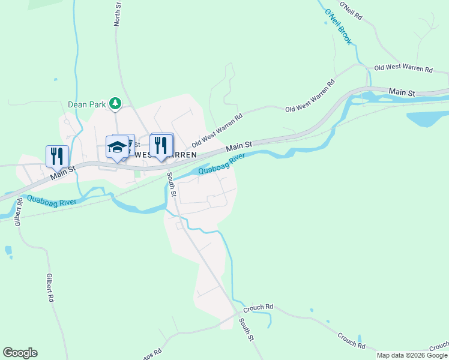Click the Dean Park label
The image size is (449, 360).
(86, 104)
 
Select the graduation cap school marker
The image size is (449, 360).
(117, 147)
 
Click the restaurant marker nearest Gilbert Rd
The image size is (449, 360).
(57, 155)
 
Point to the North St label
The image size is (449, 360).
(118, 14)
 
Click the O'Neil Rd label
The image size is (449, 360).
(351, 12)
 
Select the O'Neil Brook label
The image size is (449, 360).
(338, 27)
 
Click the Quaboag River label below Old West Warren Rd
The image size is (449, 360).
(222, 164)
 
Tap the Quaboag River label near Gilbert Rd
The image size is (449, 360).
(52, 200)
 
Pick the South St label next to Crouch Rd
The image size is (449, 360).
(246, 330)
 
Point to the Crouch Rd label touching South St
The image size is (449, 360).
(258, 307)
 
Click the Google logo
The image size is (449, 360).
(20, 353)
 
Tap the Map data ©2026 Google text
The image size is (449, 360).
(412, 355)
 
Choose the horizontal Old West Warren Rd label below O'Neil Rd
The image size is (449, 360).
(403, 69)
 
